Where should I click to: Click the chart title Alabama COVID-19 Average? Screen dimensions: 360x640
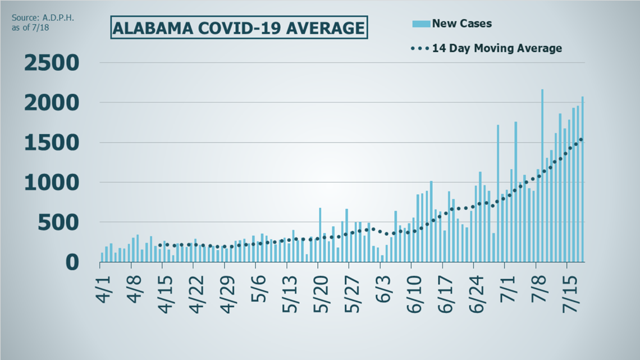point(239,28)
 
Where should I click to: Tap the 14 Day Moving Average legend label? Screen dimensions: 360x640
point(496,48)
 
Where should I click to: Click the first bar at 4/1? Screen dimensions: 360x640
point(102,257)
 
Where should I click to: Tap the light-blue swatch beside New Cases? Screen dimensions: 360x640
point(422,24)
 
